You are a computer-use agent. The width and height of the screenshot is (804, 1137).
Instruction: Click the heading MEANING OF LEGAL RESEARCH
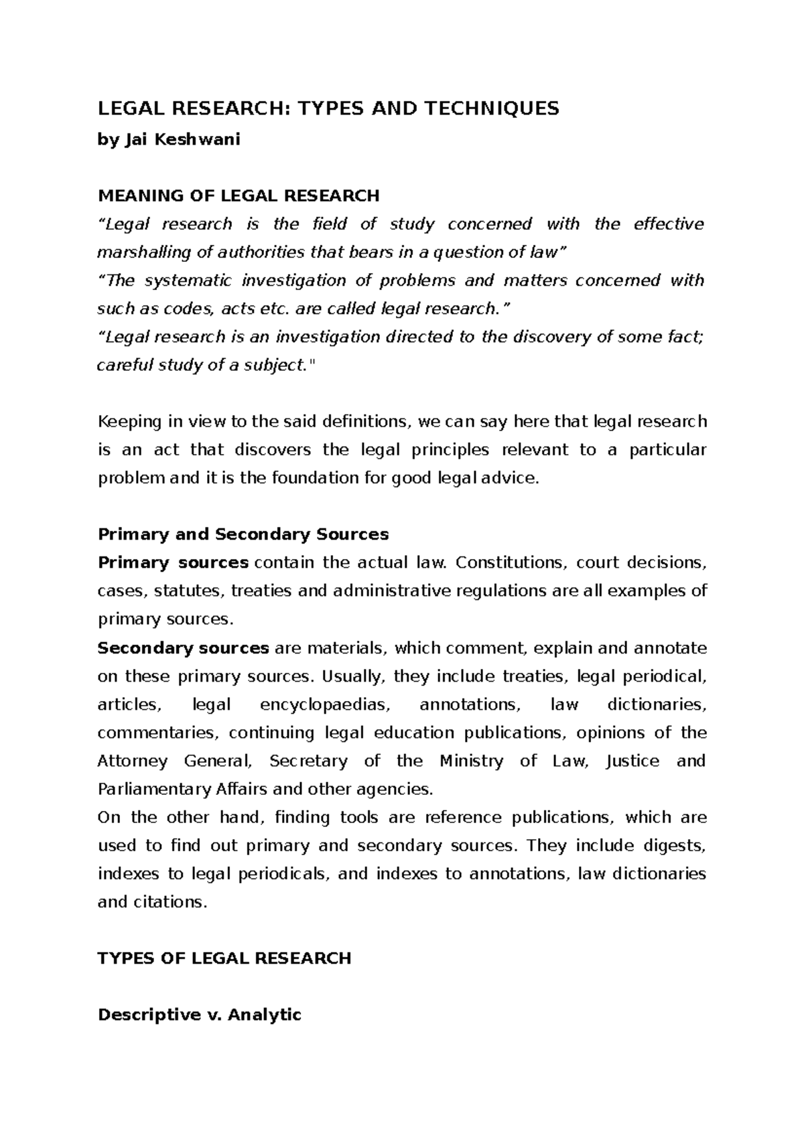239,196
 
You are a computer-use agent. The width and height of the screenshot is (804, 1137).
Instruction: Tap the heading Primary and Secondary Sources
243,534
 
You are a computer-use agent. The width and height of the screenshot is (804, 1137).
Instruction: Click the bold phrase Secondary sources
183,648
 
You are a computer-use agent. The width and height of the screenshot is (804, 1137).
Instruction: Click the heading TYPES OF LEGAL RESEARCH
224,958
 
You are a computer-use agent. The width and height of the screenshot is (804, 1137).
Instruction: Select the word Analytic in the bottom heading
265,1015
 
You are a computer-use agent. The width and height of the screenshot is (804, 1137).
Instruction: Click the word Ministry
471,761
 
